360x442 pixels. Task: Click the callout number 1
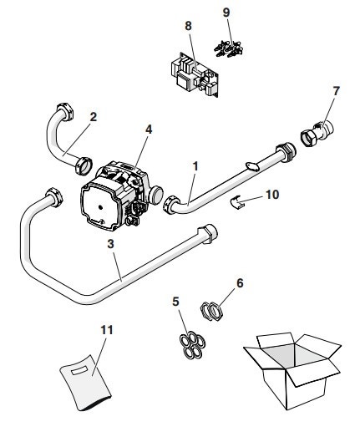coord(195,166)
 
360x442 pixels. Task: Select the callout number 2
coord(93,117)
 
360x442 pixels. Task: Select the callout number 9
coord(227,13)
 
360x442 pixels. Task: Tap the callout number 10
coord(272,195)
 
